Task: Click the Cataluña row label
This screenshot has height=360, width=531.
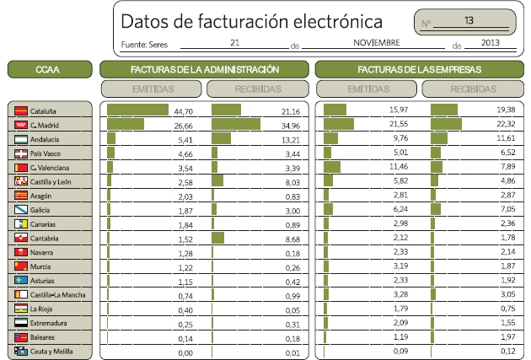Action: click(x=43, y=110)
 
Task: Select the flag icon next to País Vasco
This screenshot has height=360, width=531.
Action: click(x=20, y=153)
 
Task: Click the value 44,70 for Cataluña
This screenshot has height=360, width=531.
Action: click(x=184, y=110)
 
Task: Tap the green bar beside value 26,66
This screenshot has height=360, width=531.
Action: click(x=126, y=125)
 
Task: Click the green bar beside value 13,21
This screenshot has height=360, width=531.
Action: click(x=222, y=139)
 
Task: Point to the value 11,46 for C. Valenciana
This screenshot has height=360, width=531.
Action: click(x=398, y=167)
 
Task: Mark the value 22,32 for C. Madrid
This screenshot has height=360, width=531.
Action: click(x=505, y=125)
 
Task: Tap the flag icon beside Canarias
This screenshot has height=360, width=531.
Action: click(x=20, y=223)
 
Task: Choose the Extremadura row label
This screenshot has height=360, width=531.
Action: click(x=48, y=323)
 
